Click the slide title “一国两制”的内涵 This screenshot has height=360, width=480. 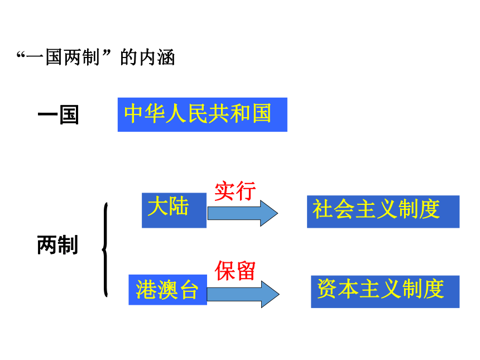click(96, 57)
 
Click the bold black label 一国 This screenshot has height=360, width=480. click(58, 115)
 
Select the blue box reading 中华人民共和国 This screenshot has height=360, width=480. click(203, 114)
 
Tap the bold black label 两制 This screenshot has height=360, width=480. click(57, 245)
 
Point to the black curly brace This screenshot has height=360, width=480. click(105, 249)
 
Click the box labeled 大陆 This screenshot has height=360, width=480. click(174, 210)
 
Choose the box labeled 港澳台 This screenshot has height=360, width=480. click(168, 290)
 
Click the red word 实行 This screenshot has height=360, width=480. click(235, 191)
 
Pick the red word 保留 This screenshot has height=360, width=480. click(235, 271)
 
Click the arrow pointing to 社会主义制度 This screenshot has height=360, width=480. click(243, 213)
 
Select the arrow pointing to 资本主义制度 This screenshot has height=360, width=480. click(243, 294)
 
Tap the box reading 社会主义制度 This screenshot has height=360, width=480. click(383, 212)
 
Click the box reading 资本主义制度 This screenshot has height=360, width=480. click(385, 291)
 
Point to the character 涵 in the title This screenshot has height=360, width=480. click(166, 57)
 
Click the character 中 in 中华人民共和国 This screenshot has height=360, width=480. click(134, 113)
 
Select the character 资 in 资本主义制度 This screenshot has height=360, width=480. click(327, 289)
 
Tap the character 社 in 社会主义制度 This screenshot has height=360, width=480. click(323, 209)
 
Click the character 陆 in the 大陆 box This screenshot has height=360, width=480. click(179, 206)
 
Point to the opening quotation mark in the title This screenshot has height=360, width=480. click(21, 55)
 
